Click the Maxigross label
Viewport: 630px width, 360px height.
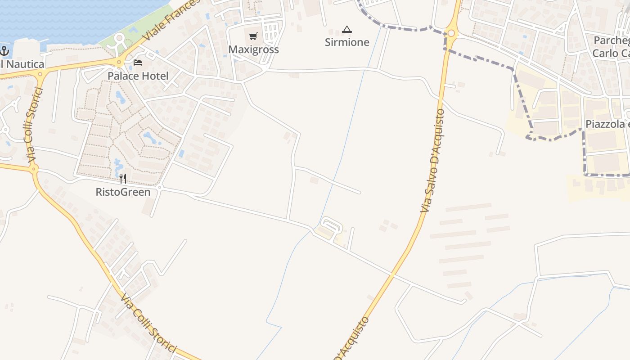(253, 49)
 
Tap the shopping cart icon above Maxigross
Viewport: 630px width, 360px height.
(253, 36)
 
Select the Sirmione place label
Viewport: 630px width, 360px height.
(347, 42)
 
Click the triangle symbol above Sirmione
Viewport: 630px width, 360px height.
(346, 30)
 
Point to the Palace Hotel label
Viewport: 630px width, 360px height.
(138, 76)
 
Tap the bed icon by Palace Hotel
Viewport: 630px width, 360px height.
(138, 62)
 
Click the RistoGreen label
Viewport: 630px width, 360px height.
(123, 192)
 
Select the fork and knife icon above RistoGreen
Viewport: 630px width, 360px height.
(122, 179)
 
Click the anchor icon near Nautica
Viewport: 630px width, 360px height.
(4, 51)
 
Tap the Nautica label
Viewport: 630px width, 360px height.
(22, 64)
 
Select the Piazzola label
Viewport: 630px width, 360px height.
(607, 124)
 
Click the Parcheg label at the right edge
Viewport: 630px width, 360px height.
(611, 40)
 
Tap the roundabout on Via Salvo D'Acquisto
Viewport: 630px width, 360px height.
(451, 33)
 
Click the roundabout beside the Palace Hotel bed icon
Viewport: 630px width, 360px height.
(119, 63)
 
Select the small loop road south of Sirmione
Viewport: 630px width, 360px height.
(331, 227)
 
